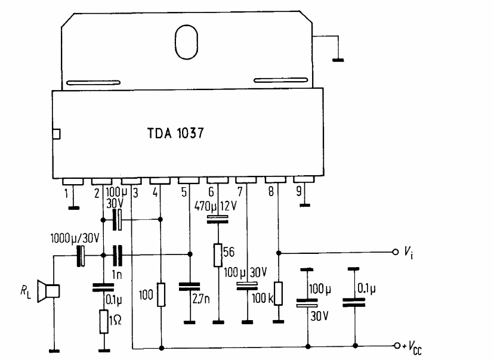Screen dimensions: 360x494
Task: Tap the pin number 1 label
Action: [x=66, y=193]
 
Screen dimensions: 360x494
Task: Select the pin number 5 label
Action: [x=184, y=193]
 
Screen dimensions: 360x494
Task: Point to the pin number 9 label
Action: [x=298, y=193]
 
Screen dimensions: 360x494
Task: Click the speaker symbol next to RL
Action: [x=48, y=291]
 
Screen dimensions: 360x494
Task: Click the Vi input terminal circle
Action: [x=395, y=252]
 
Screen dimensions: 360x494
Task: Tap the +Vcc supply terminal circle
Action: [x=395, y=346]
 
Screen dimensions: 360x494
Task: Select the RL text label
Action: [x=25, y=291]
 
